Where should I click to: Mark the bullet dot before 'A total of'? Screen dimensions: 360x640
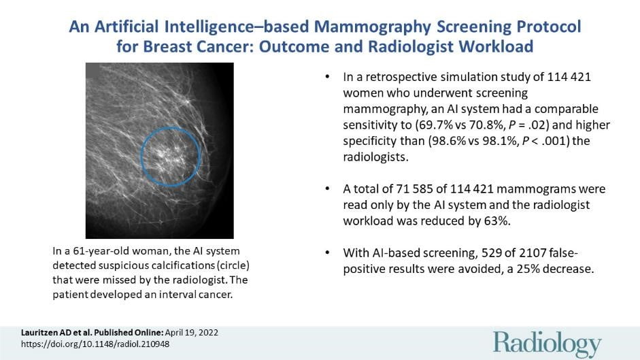329,189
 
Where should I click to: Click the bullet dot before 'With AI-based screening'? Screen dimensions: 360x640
329,252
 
